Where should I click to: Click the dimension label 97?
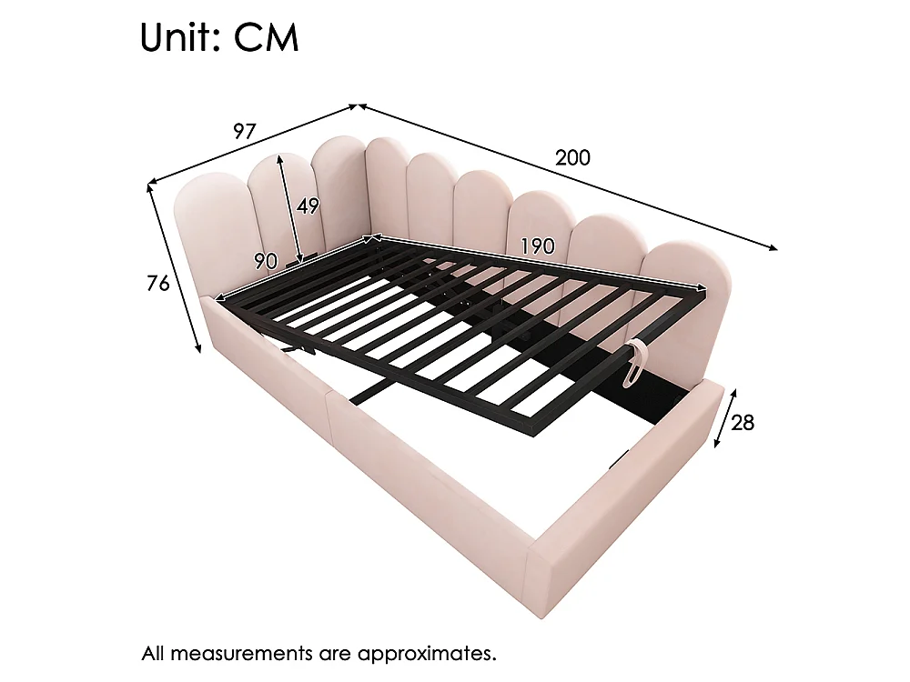click(244, 132)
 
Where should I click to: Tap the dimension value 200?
click(572, 157)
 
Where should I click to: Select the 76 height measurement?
click(157, 283)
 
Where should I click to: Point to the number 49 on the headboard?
click(308, 206)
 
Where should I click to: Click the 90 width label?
click(265, 262)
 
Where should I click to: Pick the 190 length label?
click(538, 246)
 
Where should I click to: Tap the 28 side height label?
click(743, 423)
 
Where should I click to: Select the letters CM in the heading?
click(266, 38)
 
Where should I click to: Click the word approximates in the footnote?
click(427, 654)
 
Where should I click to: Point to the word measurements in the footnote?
click(241, 654)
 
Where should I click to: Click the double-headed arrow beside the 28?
click(725, 418)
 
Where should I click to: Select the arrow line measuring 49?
click(289, 210)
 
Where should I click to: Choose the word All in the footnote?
click(153, 654)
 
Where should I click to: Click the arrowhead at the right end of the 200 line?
click(773, 247)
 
